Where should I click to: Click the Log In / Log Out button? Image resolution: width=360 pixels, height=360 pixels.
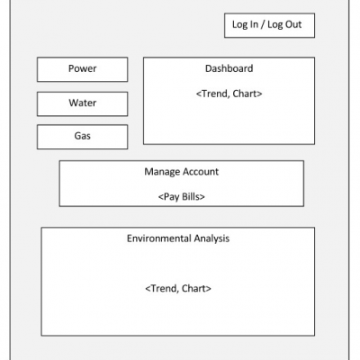point(269,25)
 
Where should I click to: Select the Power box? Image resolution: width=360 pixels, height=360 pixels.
point(83,69)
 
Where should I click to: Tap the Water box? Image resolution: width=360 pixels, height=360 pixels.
point(83,103)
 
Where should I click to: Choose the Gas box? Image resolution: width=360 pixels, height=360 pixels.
point(83,137)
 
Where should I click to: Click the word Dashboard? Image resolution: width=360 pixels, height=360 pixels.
point(229,68)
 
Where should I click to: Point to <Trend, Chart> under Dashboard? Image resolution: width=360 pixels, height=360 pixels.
point(229,94)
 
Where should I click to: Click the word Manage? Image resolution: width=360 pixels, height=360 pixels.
point(162,172)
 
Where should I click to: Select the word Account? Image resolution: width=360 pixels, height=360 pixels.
point(201,172)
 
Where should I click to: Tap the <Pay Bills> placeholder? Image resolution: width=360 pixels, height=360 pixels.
point(182,197)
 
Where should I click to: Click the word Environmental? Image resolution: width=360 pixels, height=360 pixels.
point(159,238)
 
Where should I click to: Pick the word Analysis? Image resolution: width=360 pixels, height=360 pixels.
point(211,238)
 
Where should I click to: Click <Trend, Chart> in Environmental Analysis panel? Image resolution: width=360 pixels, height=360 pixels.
point(178,289)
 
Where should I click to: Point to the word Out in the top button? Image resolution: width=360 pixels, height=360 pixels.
point(293,24)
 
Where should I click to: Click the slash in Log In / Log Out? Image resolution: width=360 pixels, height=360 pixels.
point(263,24)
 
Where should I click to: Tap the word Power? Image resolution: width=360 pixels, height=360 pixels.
point(83,68)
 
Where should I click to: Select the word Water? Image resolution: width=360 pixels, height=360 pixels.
point(83,103)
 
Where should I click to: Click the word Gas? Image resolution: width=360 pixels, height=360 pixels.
point(83,136)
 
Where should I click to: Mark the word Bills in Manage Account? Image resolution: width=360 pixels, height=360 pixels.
point(191,197)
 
